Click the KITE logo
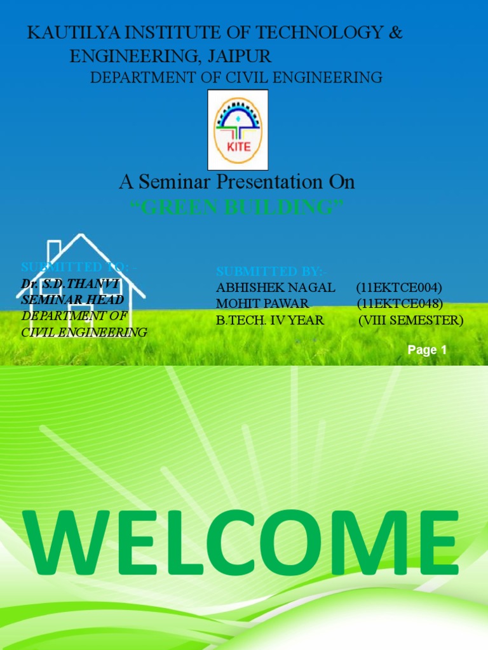coord(238,129)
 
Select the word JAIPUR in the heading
coord(244,56)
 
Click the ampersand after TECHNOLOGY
coord(395,34)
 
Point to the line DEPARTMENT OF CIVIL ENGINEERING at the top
coord(236,78)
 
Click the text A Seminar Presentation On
coord(236,182)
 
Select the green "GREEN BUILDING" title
coord(236,206)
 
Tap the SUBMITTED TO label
coord(79,267)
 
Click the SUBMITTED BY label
coord(272,272)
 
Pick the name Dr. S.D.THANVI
coord(70,284)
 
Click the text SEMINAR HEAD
coord(72,299)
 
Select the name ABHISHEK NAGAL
coord(276,288)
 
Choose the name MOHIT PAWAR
coord(262,304)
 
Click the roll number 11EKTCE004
coord(399,288)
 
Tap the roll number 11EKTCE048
coord(399,304)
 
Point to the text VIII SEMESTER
coord(410,321)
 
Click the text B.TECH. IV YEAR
coord(270,321)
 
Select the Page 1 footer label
coord(427,350)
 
